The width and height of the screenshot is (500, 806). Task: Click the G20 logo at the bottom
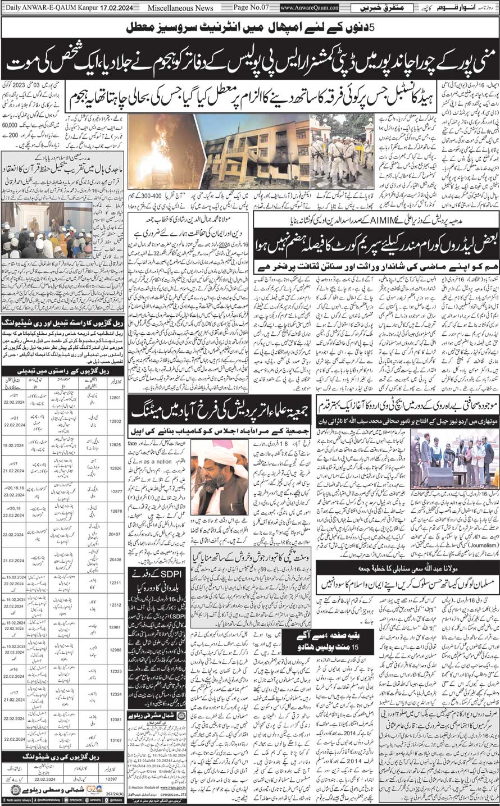click(93, 790)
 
